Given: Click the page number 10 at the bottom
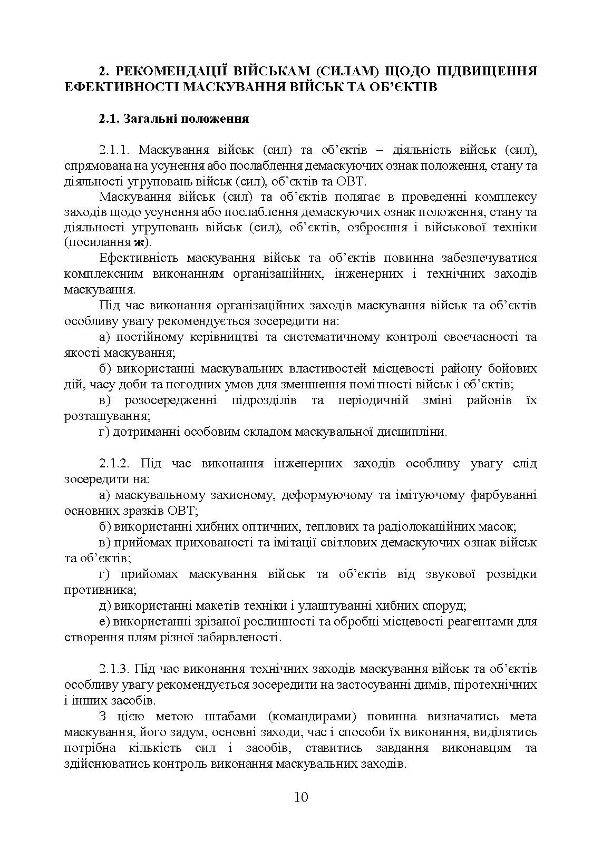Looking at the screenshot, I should [301, 796].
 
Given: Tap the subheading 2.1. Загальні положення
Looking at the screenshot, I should [174, 119].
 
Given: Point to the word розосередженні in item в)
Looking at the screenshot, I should [171, 400].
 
